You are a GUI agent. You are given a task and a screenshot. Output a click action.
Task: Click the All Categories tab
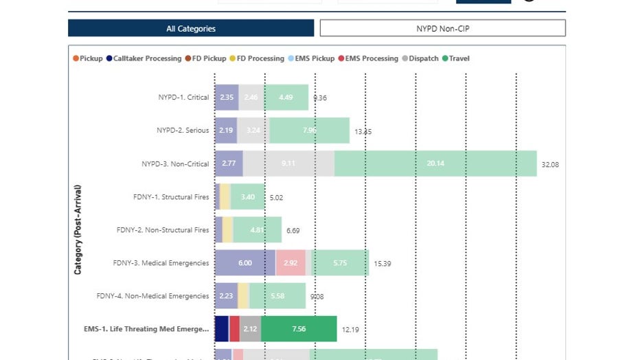(191, 28)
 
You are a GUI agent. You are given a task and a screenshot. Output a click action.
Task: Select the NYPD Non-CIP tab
(442, 28)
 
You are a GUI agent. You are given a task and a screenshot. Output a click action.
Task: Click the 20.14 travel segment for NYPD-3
(435, 164)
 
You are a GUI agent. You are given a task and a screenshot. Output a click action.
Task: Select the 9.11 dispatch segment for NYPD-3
(288, 164)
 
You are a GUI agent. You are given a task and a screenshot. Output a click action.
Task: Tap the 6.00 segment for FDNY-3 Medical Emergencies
(245, 262)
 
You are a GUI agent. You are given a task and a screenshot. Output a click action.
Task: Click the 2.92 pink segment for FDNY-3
(290, 262)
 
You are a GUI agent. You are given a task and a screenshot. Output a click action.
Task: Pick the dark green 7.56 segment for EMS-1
(299, 329)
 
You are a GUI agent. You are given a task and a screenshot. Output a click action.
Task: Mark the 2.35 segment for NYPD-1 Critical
(227, 98)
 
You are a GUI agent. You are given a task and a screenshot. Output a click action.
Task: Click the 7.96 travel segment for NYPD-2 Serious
(309, 131)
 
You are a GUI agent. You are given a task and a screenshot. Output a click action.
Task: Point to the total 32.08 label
(550, 165)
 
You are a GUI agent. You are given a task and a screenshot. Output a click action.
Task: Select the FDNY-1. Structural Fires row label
(171, 197)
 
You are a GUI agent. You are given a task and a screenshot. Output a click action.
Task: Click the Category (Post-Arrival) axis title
(78, 229)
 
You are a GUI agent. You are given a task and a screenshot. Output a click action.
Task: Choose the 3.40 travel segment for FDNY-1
(247, 197)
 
